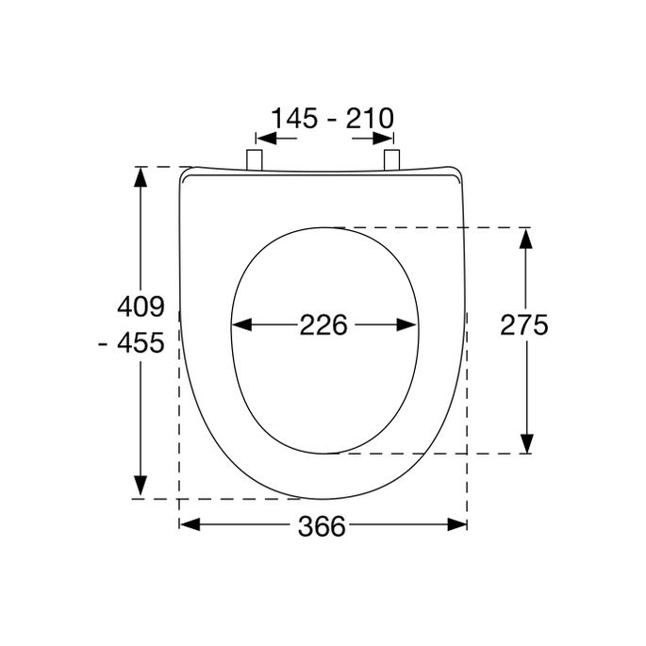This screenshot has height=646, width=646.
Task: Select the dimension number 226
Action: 323,325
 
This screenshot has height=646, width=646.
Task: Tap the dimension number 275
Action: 523,325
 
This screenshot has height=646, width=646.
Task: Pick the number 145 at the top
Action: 296,119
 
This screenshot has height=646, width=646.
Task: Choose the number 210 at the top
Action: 368,119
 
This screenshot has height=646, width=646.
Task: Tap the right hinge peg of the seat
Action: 393,159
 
